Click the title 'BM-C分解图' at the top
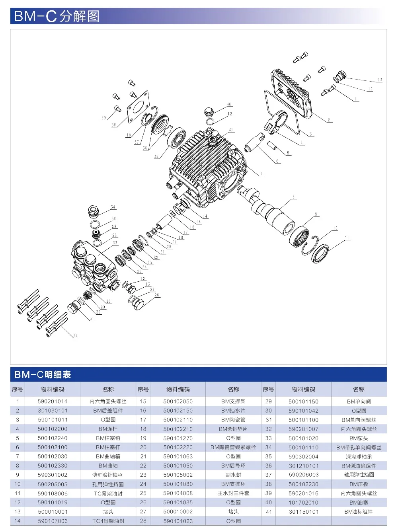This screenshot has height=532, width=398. [x=57, y=16]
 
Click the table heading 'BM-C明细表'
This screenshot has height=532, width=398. [x=43, y=374]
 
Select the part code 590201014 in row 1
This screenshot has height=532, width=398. [x=53, y=401]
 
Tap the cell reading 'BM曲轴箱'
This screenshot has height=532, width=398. [x=108, y=456]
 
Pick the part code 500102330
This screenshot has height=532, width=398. [x=53, y=466]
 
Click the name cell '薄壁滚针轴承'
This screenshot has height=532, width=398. [x=108, y=475]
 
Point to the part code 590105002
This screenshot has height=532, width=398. [x=178, y=475]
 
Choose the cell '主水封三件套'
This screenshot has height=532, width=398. [x=233, y=493]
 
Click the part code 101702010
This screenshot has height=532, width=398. [x=303, y=503]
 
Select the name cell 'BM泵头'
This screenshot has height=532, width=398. [x=359, y=438]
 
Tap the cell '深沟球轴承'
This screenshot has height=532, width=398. [x=359, y=456]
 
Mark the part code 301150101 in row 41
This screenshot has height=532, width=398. [x=303, y=512]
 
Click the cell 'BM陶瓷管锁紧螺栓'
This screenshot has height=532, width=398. [x=233, y=447]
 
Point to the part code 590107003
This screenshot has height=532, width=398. [x=53, y=521]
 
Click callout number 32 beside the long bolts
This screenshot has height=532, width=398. [x=76, y=335]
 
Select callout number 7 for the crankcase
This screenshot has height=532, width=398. [x=261, y=173]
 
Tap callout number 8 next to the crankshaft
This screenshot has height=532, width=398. [x=294, y=197]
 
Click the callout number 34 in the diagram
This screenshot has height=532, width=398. [x=113, y=207]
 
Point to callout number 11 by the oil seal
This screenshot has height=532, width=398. [x=347, y=238]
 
